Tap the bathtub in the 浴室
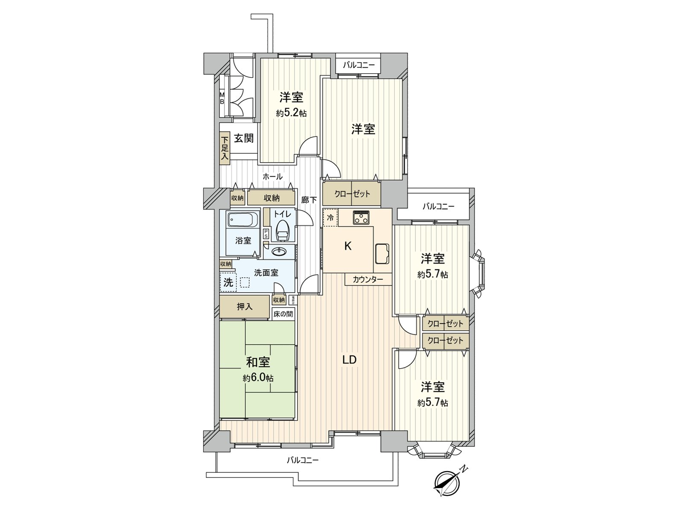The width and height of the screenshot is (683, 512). [x=242, y=220]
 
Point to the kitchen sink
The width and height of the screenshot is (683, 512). [x=382, y=253]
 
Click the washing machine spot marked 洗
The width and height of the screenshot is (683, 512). [x=228, y=282]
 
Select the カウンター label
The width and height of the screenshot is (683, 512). [x=368, y=280]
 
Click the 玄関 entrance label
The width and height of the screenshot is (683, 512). [x=244, y=138]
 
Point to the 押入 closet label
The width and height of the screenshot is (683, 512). [x=245, y=306]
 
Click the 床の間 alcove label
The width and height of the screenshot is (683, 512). [x=283, y=314]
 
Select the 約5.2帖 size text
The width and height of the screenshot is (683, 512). [x=292, y=113]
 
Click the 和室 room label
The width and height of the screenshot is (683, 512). [x=258, y=362]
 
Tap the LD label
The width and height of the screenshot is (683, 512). [x=349, y=360]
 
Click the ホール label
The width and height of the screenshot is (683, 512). [x=272, y=176]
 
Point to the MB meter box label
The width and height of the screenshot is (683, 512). [x=222, y=99]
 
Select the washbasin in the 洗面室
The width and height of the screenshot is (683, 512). [x=280, y=251]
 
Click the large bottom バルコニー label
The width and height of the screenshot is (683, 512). [x=302, y=460]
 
